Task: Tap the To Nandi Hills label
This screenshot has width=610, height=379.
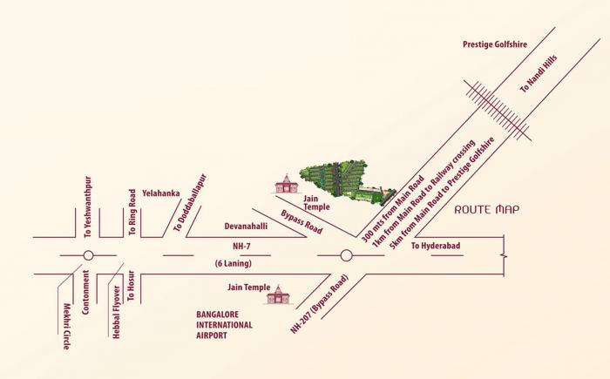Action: [x=538, y=76]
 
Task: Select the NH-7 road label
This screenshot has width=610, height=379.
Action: [x=228, y=246]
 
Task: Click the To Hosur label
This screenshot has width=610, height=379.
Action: [x=131, y=296]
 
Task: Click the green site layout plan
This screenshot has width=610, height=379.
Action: [x=342, y=181]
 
